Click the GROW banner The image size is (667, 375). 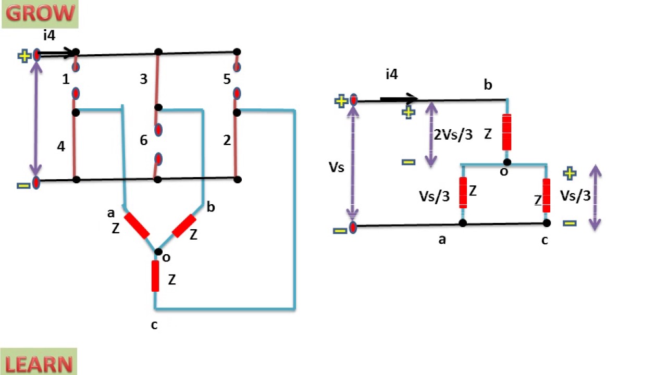click(x=40, y=14)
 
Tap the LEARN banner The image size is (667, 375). click(x=39, y=362)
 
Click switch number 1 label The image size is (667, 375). click(x=66, y=80)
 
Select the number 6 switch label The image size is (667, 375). click(x=143, y=140)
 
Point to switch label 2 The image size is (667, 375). click(x=227, y=140)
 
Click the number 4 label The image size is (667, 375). click(x=61, y=147)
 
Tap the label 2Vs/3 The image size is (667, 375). click(x=453, y=135)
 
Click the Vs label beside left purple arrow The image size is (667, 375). click(x=337, y=168)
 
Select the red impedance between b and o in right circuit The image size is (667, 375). click(x=507, y=132)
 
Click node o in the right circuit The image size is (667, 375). click(x=507, y=162)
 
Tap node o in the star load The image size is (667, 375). click(x=158, y=252)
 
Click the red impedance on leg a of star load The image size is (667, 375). click(x=137, y=225)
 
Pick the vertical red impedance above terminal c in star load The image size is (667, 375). click(x=155, y=276)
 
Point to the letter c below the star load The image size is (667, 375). click(x=154, y=325)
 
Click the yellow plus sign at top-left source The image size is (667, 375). click(x=24, y=56)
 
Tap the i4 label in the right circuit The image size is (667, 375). click(x=391, y=74)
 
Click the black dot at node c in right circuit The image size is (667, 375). click(x=546, y=223)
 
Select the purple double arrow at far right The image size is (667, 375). click(x=595, y=197)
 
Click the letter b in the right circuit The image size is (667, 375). click(x=488, y=85)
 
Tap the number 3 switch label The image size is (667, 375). click(x=143, y=79)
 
